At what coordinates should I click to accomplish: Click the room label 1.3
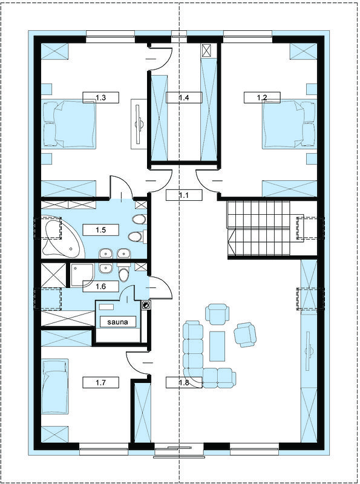101,98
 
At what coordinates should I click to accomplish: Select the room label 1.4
184,98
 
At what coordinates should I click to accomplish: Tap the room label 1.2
262,98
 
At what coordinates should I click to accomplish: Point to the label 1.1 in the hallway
184,195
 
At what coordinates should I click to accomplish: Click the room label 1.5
101,230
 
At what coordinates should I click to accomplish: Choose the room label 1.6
101,286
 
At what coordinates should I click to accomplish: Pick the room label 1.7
101,383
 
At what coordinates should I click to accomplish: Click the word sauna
117,322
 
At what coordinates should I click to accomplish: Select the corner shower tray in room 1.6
81,275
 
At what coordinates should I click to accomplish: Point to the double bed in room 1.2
290,123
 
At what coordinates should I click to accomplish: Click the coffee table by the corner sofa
217,346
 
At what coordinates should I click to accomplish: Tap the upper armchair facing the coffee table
217,313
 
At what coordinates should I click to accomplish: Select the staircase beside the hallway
258,229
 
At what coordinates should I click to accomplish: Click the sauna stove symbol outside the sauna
146,306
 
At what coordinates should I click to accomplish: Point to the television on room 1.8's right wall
309,352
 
